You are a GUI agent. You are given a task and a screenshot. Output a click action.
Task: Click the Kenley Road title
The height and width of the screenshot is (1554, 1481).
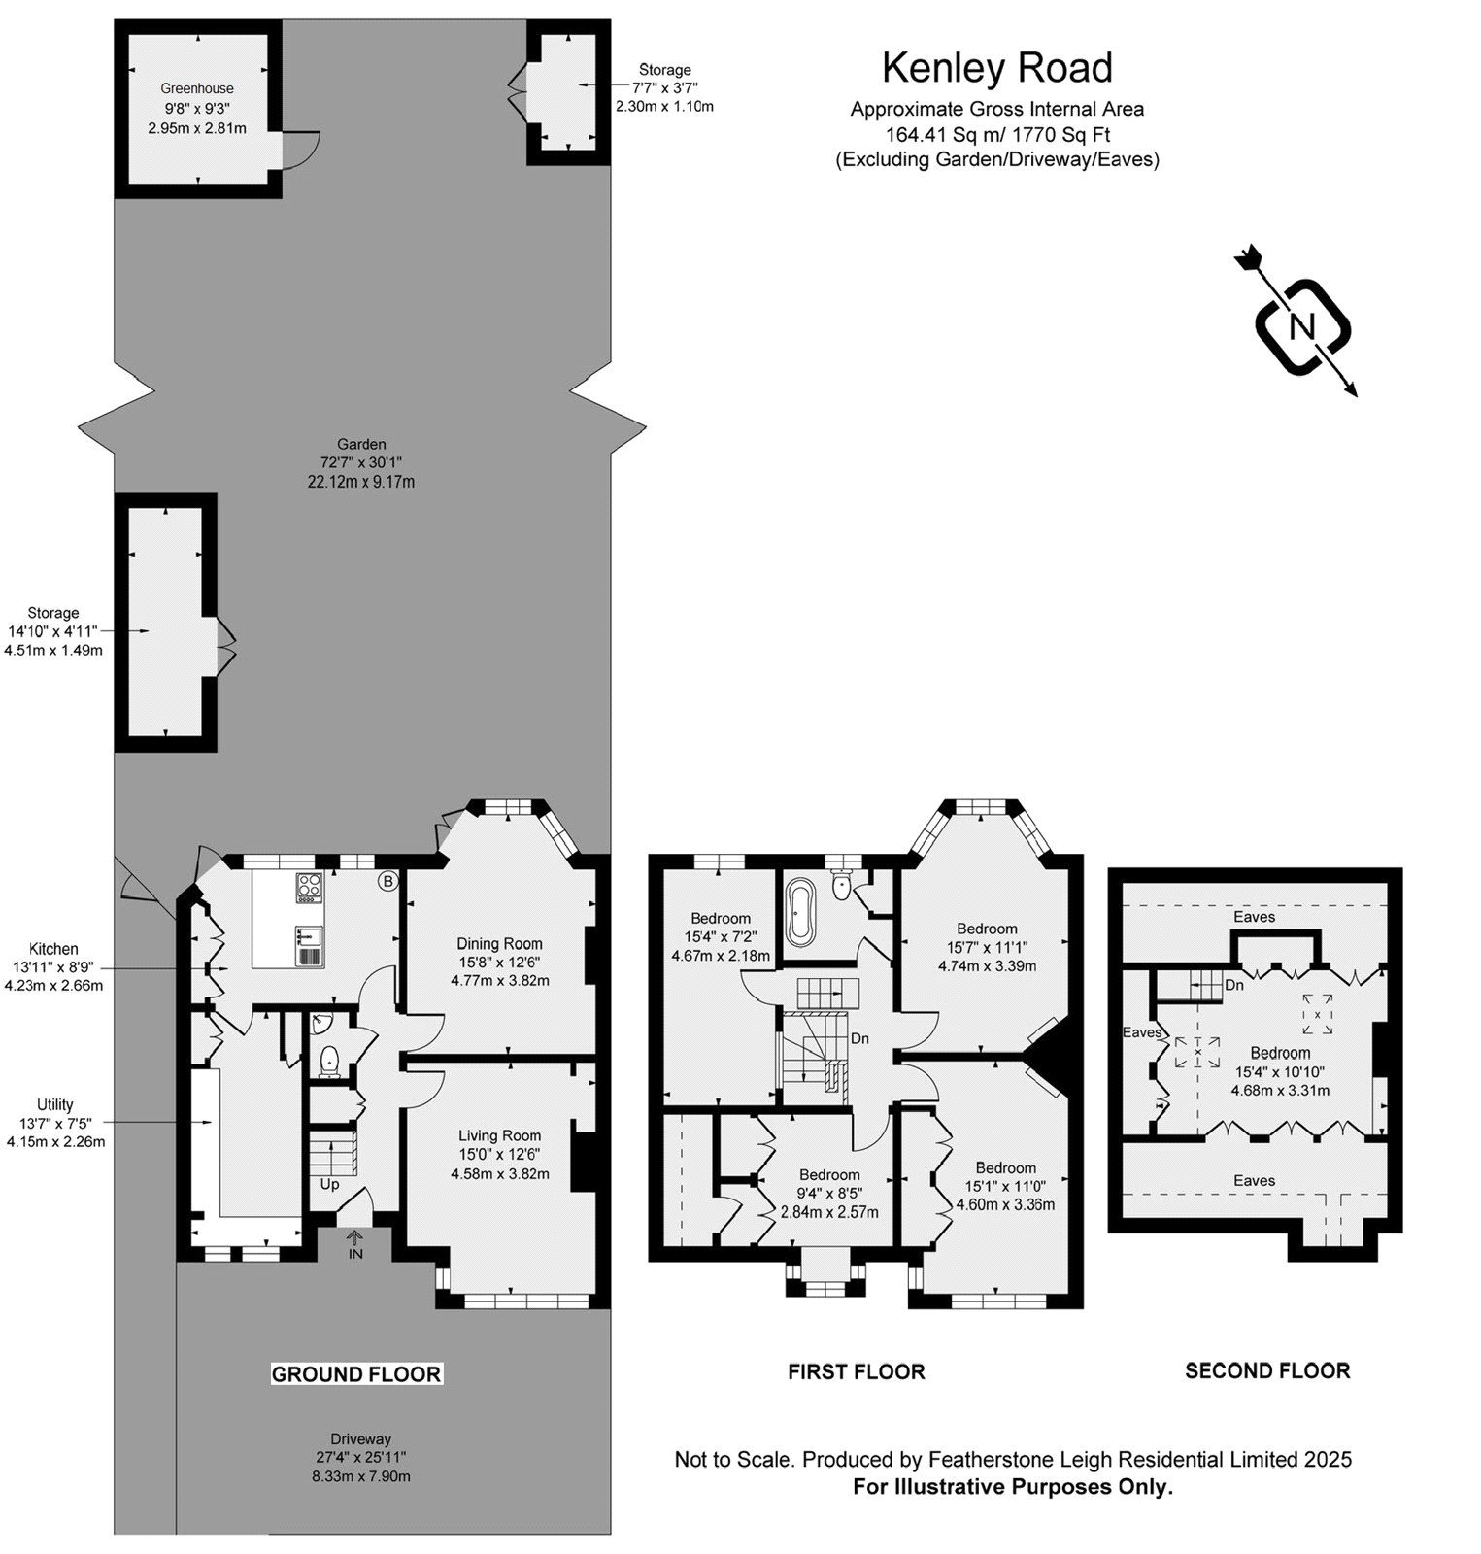coord(997,68)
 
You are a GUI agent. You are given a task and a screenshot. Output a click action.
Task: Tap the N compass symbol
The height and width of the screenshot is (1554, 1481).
coord(1301,326)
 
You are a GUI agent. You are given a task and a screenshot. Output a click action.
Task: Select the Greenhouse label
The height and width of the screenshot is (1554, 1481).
coord(197,88)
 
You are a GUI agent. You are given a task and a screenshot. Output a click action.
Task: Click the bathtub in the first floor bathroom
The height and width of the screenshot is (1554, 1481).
coord(801,912)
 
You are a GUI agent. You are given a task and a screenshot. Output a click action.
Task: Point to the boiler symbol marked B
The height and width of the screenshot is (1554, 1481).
coord(388,882)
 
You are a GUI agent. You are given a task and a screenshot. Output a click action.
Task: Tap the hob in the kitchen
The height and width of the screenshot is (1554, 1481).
coord(310,886)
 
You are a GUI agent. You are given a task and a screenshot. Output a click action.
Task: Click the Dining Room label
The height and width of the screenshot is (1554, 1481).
coord(500,943)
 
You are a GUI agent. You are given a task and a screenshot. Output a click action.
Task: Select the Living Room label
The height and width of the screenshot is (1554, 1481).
coord(500,1135)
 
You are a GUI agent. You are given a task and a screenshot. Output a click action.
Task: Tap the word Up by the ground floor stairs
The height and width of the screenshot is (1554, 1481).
coord(330,1185)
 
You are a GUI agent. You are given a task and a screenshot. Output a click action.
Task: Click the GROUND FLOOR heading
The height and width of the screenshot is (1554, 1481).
coord(356,1373)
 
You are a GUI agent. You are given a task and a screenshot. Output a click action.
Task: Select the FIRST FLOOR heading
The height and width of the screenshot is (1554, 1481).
coord(857,1371)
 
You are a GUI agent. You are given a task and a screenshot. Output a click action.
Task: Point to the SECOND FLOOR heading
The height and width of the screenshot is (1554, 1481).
coord(1267,1370)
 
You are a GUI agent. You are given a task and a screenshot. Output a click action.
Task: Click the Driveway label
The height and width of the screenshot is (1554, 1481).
coord(360,1438)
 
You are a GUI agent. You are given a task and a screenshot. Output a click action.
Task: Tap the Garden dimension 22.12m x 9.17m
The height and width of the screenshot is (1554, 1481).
coord(361,482)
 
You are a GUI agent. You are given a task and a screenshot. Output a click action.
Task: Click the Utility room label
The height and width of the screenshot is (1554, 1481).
coord(55,1104)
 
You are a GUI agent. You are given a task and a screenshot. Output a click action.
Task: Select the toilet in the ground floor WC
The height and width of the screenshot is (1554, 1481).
coord(330,1061)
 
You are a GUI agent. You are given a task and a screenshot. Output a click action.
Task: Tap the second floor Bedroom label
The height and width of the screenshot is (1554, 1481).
coord(1280,1053)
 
